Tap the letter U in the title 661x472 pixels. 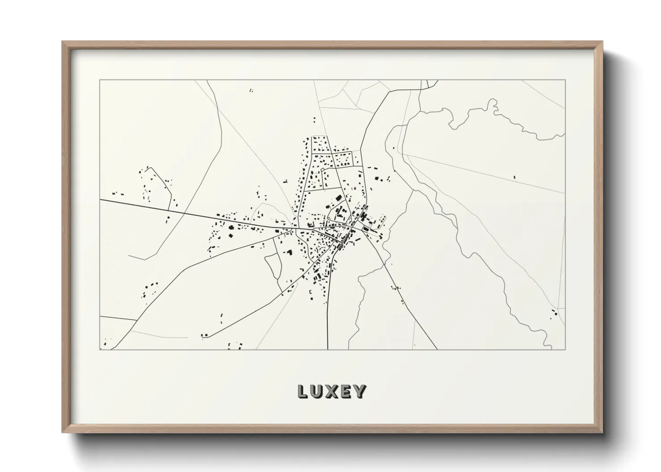317,392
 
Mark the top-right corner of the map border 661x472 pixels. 565,80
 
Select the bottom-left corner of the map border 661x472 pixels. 100,349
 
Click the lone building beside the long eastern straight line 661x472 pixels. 514,178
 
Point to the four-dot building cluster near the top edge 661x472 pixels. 251,91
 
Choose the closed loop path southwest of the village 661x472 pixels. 273,268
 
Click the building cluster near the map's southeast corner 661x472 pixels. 554,313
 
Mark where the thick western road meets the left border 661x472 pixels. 100,200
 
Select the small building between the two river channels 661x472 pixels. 393,148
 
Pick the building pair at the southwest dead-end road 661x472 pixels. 205,335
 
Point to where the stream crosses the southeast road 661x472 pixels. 384,263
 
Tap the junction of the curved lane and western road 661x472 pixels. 168,210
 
